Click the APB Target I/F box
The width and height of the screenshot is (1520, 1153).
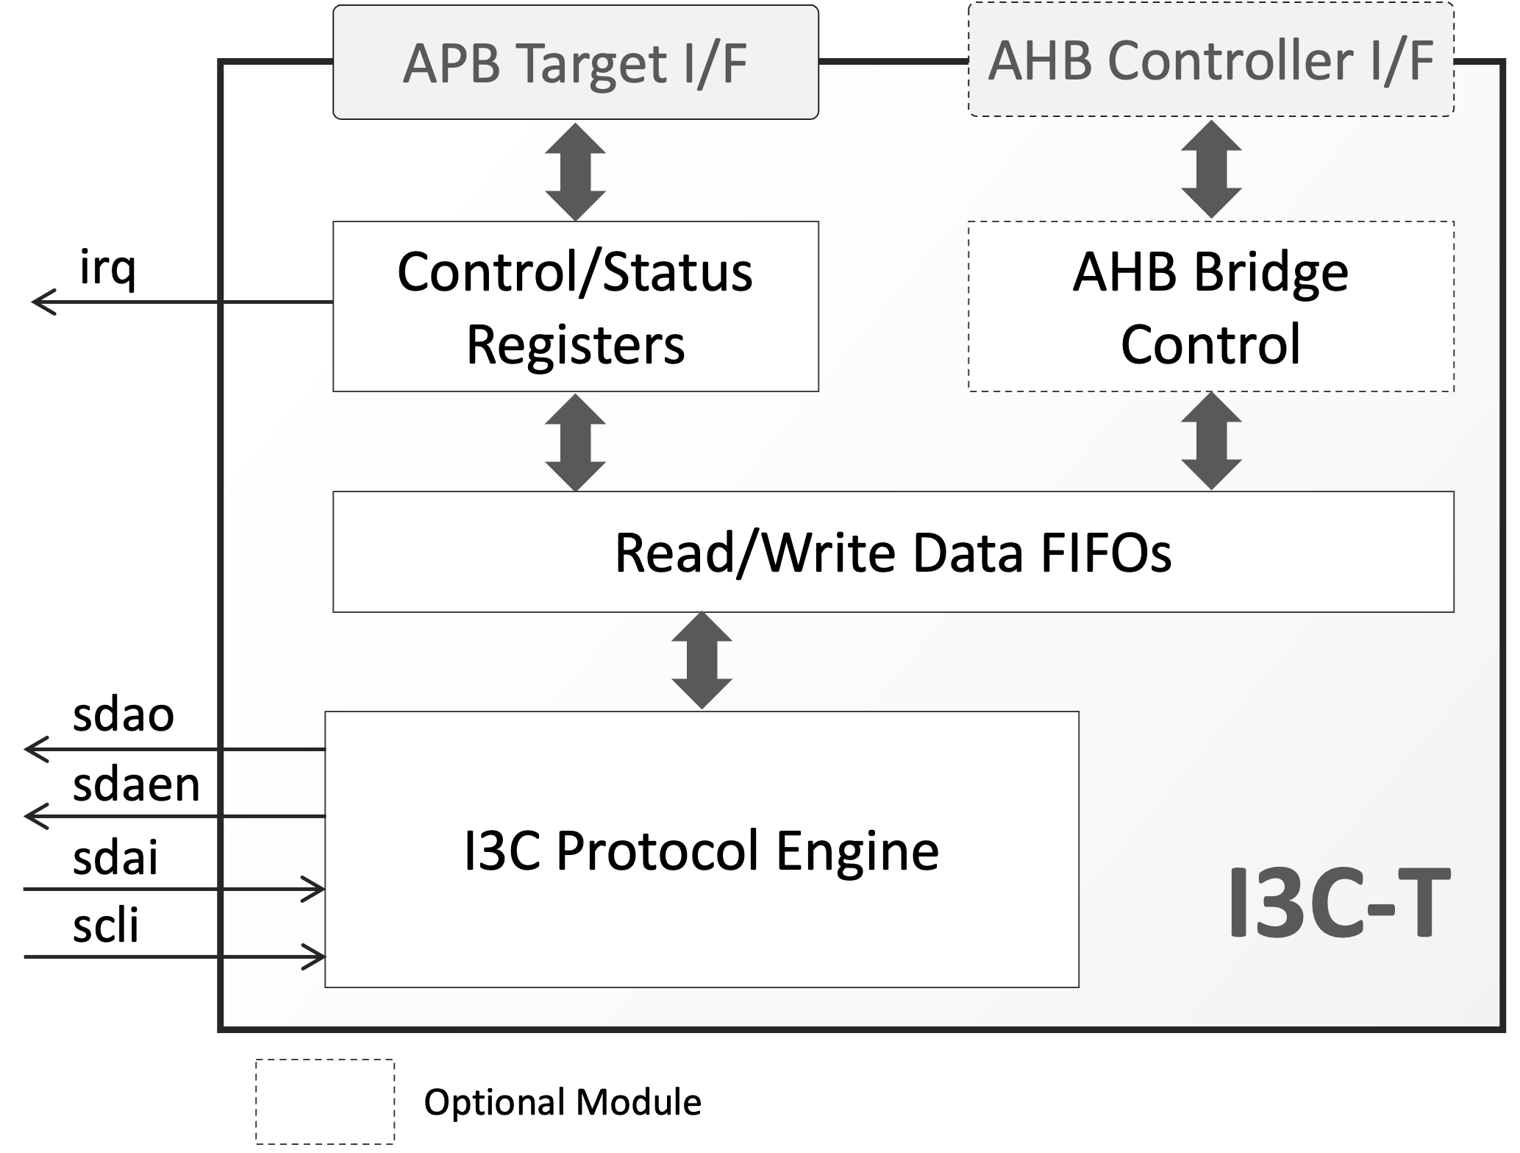pos(575,63)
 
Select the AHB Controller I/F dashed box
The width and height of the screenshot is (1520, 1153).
pos(1210,60)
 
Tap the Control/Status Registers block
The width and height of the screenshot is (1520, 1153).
pos(575,306)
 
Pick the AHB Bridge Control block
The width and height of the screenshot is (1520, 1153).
pos(1210,306)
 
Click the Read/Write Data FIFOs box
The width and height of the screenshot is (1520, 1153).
pos(893,552)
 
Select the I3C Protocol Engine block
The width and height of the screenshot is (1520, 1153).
pos(702,849)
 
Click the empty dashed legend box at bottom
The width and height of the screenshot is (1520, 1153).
pos(325,1101)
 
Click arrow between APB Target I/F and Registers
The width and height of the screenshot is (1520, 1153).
pos(575,171)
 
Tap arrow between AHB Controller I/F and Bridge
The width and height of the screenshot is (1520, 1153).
pos(1210,170)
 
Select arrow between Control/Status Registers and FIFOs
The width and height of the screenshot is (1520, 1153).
pos(575,442)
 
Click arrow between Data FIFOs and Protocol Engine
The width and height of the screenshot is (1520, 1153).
pos(702,661)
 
